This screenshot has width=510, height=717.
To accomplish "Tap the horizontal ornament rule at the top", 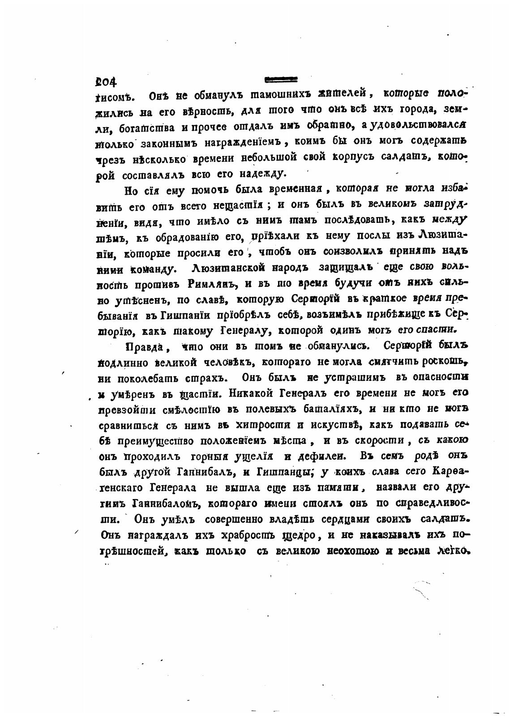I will pyautogui.click(x=281, y=80).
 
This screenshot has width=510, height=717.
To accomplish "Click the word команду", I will pyautogui.click(x=150, y=269).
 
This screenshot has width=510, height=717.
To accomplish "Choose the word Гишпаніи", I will pyautogui.click(x=180, y=316).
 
